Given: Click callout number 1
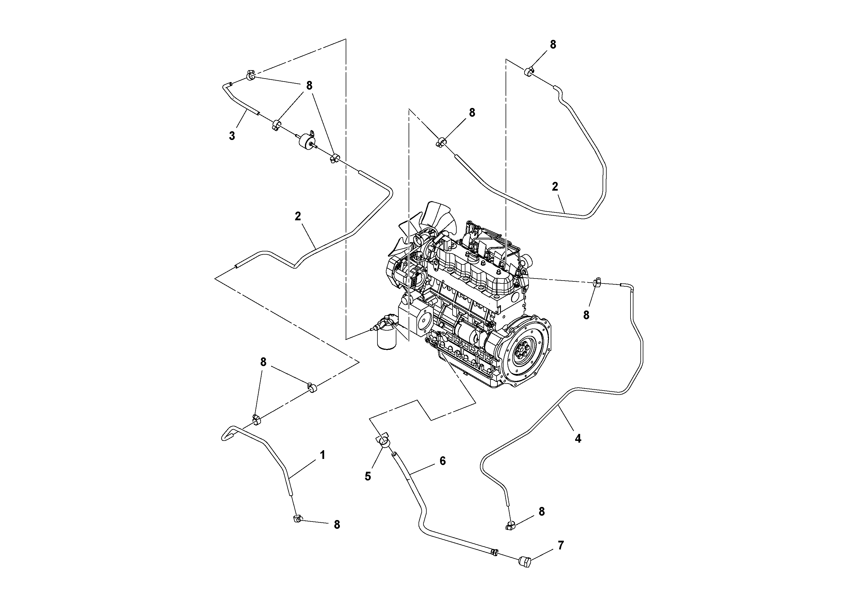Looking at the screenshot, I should [322, 455].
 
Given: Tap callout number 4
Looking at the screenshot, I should [578, 439].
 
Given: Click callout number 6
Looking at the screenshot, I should [443, 461].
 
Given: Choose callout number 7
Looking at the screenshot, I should [561, 545].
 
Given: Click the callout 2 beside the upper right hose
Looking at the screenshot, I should [555, 186].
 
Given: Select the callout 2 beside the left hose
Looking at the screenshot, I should [298, 216].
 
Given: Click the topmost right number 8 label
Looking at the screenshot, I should [553, 45].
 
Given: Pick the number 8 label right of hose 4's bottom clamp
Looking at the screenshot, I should [541, 512].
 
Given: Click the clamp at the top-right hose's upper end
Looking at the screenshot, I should [529, 71].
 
